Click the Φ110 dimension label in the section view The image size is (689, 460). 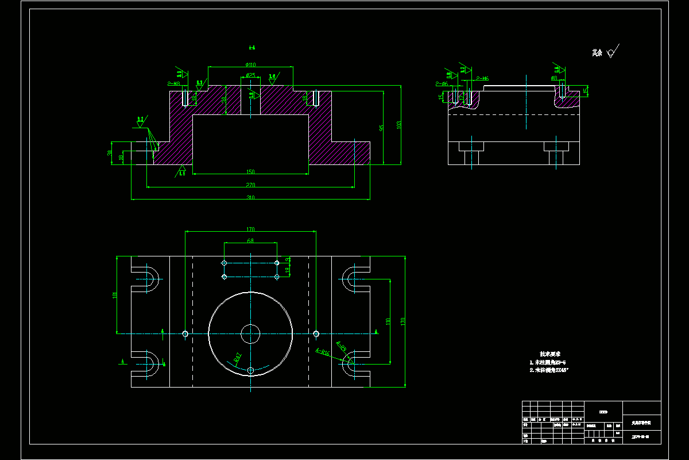pos(251,64)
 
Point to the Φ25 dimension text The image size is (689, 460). pos(250,75)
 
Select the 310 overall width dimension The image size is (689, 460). pos(250,197)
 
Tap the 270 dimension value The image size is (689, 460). pos(250,185)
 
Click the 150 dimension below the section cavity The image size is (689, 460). pos(250,172)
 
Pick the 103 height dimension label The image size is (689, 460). pos(398,124)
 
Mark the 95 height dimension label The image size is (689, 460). pos(381,128)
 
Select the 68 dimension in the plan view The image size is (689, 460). pos(250,241)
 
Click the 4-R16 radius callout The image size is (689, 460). pos(322,351)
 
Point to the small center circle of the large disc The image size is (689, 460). pos(250,333)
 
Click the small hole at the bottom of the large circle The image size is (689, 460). pos(250,371)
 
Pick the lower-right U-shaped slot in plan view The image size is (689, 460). pos(355,362)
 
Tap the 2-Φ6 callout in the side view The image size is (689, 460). pos(441,84)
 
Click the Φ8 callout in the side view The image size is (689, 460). pos(554,78)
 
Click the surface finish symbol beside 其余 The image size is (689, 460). pos(612,52)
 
